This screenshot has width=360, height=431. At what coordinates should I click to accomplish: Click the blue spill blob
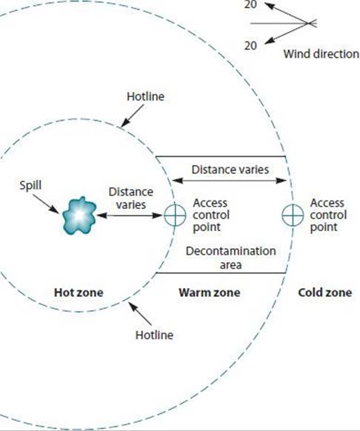click(x=79, y=215)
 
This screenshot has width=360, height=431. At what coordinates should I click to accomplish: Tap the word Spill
click(x=30, y=185)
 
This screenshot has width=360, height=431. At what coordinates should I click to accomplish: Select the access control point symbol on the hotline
click(x=175, y=215)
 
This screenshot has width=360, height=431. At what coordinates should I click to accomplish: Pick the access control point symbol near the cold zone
click(x=293, y=215)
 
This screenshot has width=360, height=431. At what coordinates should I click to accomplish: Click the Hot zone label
click(x=79, y=293)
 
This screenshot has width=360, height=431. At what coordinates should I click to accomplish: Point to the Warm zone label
click(x=210, y=293)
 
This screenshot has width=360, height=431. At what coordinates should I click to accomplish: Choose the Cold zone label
click(x=325, y=293)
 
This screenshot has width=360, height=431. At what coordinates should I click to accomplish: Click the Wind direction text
click(x=321, y=54)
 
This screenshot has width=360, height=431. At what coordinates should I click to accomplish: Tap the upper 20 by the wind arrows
click(x=250, y=4)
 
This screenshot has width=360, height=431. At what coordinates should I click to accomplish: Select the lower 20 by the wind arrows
click(x=250, y=46)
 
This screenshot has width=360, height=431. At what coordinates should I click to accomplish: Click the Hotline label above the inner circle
click(x=145, y=96)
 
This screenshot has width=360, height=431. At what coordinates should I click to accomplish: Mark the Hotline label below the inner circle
click(x=154, y=335)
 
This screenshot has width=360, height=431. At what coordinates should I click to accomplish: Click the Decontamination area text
click(x=231, y=258)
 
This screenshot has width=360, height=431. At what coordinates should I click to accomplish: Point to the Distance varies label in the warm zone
click(x=230, y=170)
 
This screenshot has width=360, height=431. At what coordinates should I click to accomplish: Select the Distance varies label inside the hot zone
click(x=131, y=198)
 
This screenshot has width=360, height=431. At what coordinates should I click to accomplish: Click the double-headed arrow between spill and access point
click(x=129, y=215)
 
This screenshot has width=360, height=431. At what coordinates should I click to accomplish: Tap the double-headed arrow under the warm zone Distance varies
click(x=229, y=181)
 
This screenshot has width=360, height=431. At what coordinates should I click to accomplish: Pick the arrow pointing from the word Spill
click(x=46, y=204)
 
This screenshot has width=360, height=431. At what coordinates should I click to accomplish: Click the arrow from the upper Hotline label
click(x=133, y=116)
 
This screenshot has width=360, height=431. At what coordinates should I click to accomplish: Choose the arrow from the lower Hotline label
click(x=140, y=314)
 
